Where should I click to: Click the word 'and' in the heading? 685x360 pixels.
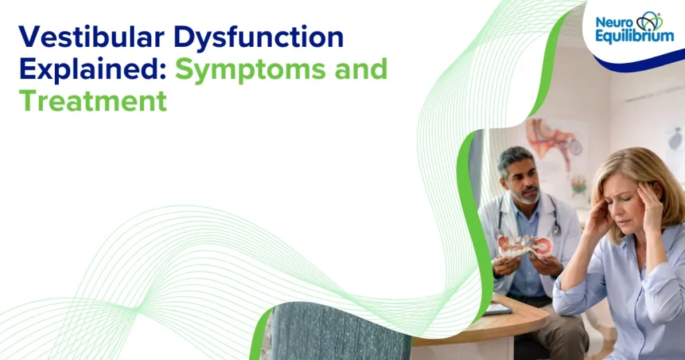point(365,70)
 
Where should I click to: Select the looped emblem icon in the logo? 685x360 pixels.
point(649,21)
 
